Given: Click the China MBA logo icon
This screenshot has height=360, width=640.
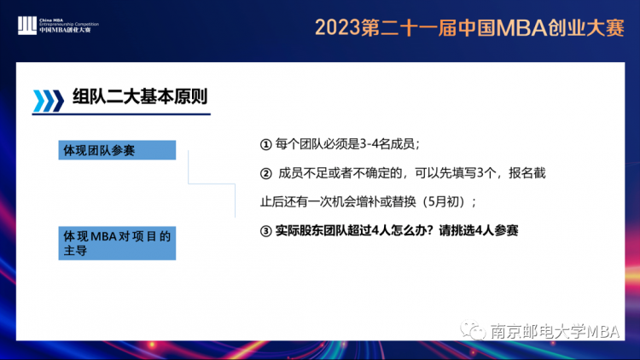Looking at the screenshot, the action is pos(27,26).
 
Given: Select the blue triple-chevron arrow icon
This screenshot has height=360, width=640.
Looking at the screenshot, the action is pos(48,101).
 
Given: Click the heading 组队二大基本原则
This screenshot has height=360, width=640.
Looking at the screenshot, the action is pos(140,96).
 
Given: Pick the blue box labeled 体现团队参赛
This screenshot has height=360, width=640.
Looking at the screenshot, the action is pos(117,150).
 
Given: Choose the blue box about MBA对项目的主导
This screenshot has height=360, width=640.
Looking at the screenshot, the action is pos(117,243).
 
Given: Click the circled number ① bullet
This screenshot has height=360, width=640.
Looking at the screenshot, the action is pos(265,144).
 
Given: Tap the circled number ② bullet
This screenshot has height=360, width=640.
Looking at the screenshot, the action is pos(265,174).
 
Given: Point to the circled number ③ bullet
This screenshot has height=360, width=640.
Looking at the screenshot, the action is pos(265,231).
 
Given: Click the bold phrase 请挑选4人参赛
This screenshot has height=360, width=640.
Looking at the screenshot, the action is pos(479,230).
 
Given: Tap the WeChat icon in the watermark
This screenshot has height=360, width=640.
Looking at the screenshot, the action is pos(473,330).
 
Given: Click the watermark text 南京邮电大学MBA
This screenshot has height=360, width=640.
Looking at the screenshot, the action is pos(556,331).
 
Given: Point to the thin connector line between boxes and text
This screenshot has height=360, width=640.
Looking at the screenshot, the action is pos(212,184).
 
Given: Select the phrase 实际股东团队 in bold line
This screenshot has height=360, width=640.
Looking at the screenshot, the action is pos(311,230).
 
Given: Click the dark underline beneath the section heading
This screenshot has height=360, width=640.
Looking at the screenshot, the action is pos(121,114).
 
